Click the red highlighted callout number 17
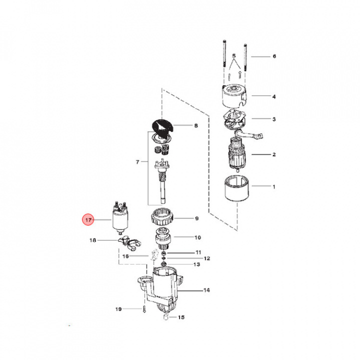pyautogui.click(x=88, y=219)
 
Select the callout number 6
pyautogui.click(x=274, y=56)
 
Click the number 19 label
pyautogui.click(x=118, y=309)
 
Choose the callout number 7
pyautogui.click(x=137, y=162)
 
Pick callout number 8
pyautogui.click(x=196, y=126)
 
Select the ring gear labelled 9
pyautogui.click(x=161, y=218)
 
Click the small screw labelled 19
pyautogui.click(x=143, y=310)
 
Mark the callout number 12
pyautogui.click(x=206, y=258)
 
